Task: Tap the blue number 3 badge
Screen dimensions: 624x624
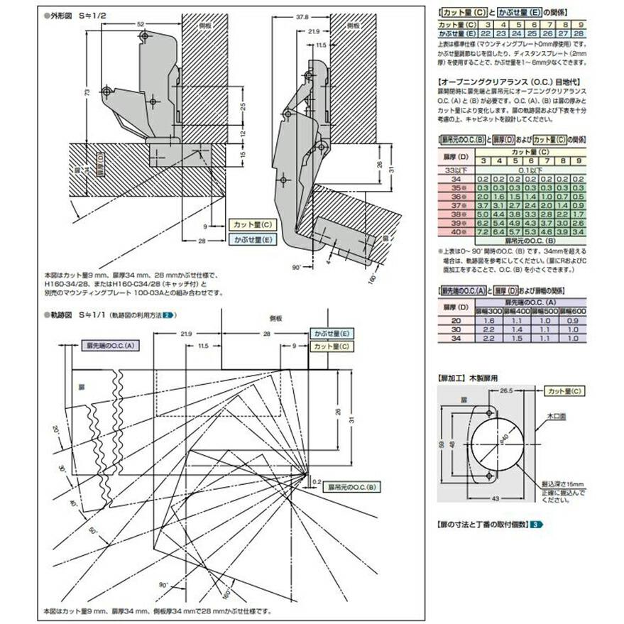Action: [x=537, y=524]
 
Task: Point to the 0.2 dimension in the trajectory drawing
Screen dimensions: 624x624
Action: [x=317, y=481]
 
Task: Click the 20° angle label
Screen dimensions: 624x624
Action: [x=57, y=430]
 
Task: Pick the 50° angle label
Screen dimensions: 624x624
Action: [x=92, y=530]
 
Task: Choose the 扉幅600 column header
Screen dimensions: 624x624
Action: [x=574, y=312]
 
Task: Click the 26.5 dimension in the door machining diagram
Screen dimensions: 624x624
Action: [x=507, y=390]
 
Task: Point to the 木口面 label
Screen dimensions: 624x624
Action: [x=557, y=420]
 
